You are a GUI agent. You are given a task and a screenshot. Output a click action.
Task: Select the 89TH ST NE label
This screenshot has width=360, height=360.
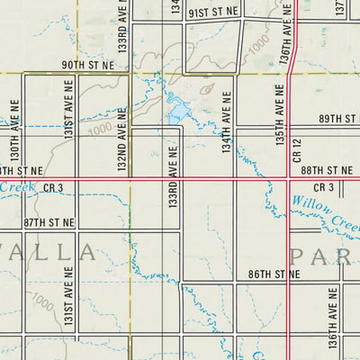(x=339, y=120)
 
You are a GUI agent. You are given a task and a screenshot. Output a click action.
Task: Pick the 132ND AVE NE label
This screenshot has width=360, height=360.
(x=122, y=139)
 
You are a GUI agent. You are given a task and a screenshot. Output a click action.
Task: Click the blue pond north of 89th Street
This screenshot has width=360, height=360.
(x=178, y=112)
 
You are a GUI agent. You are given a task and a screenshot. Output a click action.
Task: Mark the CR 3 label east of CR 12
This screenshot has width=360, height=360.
(x=325, y=187)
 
